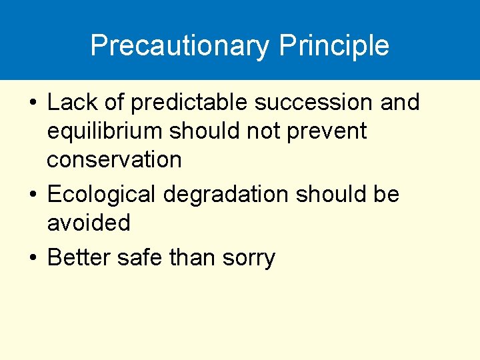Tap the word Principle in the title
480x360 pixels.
[x=334, y=46]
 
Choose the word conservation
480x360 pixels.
[x=114, y=160]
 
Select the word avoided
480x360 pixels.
[x=89, y=223]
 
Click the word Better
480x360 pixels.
[x=78, y=257]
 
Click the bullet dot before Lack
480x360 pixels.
[x=32, y=103]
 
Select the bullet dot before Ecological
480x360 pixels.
[x=32, y=195]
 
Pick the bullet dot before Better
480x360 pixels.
[x=32, y=257]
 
